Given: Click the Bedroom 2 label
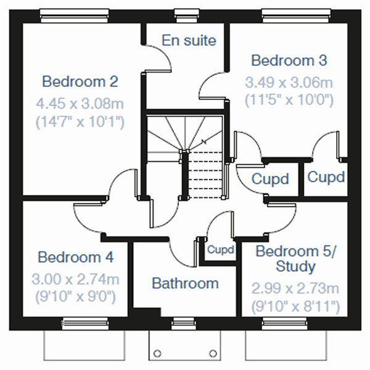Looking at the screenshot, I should (80, 81).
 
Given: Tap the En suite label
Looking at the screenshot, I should (189, 41).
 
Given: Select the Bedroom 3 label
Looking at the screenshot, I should (289, 60).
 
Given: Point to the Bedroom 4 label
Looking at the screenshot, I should (77, 257).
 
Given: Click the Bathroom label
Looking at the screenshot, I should (185, 284).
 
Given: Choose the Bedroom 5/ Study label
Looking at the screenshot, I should (296, 259).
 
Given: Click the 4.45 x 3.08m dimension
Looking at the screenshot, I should (80, 102).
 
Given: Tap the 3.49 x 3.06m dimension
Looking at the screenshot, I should (289, 81).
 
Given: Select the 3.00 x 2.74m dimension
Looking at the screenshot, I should (77, 278).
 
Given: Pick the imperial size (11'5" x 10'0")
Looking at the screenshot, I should (289, 99).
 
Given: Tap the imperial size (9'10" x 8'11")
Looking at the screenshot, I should (296, 305).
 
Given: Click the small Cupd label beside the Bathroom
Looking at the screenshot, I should (220, 250).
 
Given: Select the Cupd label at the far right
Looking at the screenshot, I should (326, 178).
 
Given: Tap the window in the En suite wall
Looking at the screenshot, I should (183, 14).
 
